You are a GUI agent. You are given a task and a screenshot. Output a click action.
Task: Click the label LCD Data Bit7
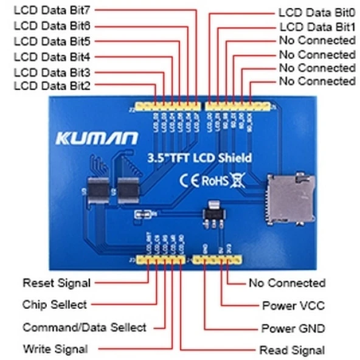pyautogui.click(x=52, y=11)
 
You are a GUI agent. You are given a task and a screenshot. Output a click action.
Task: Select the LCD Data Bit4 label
pyautogui.click(x=52, y=57)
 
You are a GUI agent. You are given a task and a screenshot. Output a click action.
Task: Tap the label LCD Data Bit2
pyautogui.click(x=52, y=86)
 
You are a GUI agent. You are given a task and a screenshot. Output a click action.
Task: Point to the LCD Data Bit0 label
pyautogui.click(x=316, y=12)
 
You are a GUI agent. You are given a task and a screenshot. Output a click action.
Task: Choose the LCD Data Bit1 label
pyautogui.click(x=317, y=27)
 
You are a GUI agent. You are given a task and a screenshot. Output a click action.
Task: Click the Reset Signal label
pyautogui.click(x=57, y=283)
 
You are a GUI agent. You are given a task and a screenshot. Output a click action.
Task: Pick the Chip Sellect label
pyautogui.click(x=55, y=304)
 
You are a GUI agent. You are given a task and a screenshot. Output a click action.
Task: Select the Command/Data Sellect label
pyautogui.click(x=85, y=327)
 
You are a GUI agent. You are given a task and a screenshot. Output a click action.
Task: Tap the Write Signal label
pyautogui.click(x=55, y=349)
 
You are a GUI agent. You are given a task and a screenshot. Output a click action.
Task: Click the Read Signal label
pyautogui.click(x=292, y=350)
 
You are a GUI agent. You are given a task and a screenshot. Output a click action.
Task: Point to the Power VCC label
pyautogui.click(x=293, y=305)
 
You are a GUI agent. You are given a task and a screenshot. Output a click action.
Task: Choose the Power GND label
pyautogui.click(x=293, y=328)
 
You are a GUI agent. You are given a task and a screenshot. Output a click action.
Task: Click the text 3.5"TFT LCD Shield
pyautogui.click(x=199, y=157)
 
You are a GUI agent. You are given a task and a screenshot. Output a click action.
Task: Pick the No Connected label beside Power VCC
pyautogui.click(x=287, y=283)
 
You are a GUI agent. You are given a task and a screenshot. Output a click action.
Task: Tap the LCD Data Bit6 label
pyautogui.click(x=52, y=26)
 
